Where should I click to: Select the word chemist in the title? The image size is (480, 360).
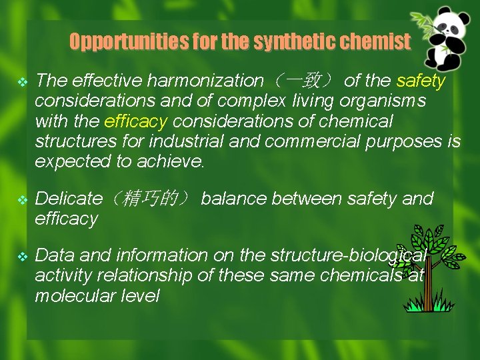(x=377, y=42)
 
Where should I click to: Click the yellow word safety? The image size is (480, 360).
(x=421, y=81)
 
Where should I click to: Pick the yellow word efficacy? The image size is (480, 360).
(x=136, y=121)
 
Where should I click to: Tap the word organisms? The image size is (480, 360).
(x=390, y=101)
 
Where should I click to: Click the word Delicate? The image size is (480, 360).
(x=68, y=199)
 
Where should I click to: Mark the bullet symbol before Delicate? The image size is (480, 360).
(x=21, y=199)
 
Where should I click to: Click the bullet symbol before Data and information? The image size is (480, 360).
(x=21, y=256)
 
